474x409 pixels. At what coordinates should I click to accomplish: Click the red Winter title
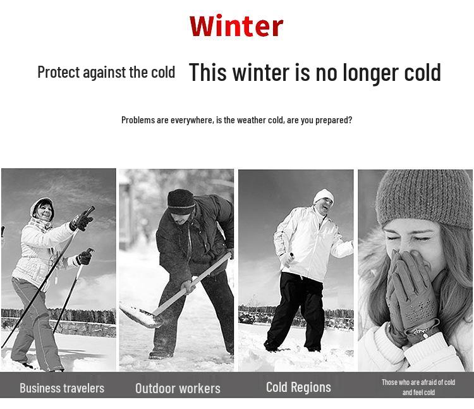(x=236, y=27)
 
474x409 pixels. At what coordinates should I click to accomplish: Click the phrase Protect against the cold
(x=106, y=72)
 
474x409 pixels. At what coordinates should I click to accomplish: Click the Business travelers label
(x=62, y=388)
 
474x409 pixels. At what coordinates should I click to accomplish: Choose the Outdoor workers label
(x=178, y=388)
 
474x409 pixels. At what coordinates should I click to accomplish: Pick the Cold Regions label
(x=298, y=387)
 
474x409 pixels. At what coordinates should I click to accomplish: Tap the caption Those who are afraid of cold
(x=418, y=382)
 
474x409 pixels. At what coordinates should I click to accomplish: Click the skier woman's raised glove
(x=82, y=220)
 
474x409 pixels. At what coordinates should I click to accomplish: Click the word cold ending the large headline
(x=418, y=72)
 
